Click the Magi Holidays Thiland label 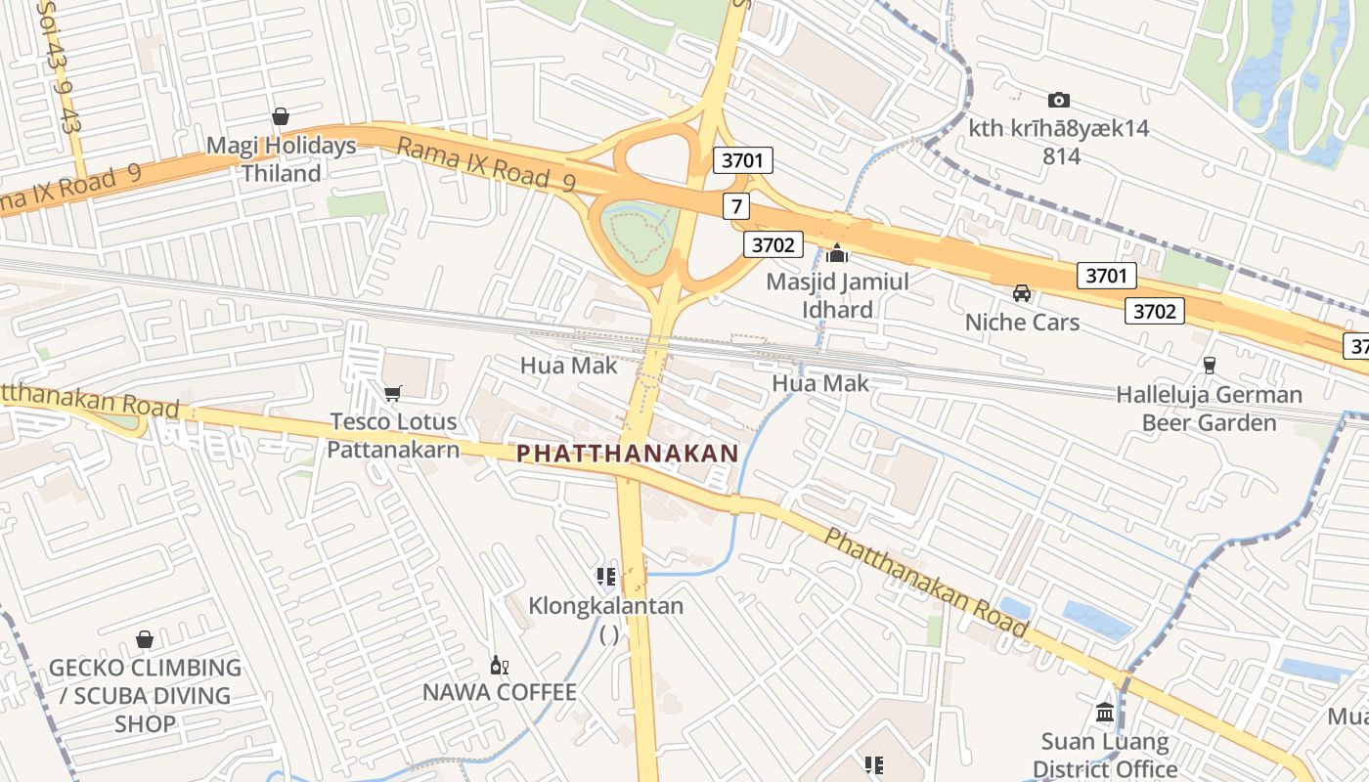(281, 160)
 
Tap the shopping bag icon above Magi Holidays (281, 117)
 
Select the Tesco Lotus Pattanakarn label (393, 436)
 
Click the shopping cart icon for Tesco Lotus (393, 393)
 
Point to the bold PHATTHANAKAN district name (627, 454)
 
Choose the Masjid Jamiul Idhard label (836, 296)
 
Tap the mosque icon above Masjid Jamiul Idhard (836, 254)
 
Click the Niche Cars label (1022, 323)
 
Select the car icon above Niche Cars (1022, 292)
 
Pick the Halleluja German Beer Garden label (1210, 409)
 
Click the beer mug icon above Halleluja (1210, 366)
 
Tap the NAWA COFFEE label (500, 693)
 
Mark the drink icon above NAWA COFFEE (500, 666)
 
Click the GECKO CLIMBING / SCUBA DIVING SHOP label (145, 696)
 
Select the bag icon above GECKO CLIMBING (145, 640)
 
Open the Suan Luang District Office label (1105, 755)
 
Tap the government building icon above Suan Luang (1105, 712)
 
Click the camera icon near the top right (1058, 100)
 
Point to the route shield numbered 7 (736, 206)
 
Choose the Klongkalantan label (606, 606)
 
